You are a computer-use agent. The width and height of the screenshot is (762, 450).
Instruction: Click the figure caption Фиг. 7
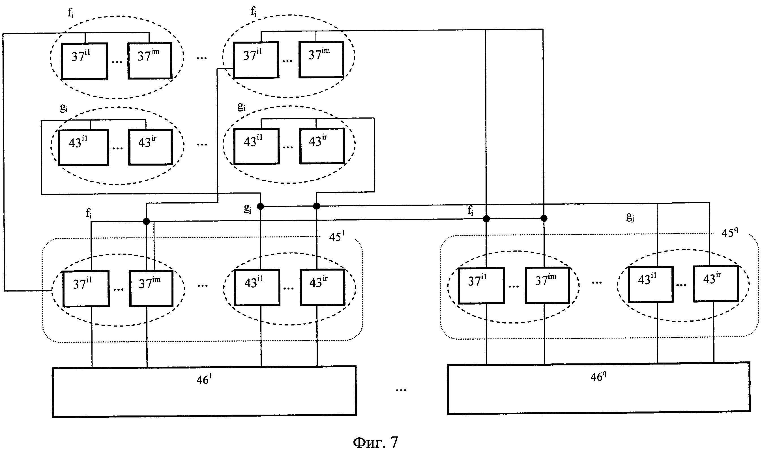(x=375, y=442)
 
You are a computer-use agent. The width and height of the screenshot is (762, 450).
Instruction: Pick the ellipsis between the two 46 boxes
(x=401, y=390)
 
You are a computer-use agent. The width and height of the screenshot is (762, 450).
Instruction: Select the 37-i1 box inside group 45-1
(x=86, y=289)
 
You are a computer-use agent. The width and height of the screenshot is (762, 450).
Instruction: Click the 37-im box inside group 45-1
(x=151, y=288)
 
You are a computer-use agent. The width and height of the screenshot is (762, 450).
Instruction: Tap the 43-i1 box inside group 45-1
(x=257, y=287)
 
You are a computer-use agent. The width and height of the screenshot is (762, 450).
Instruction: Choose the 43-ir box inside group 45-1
(x=322, y=287)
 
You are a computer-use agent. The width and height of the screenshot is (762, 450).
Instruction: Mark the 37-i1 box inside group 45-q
(x=481, y=285)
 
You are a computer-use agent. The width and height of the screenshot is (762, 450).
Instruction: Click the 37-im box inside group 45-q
(x=547, y=285)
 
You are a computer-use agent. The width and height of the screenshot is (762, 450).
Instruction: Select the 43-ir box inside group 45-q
(x=716, y=284)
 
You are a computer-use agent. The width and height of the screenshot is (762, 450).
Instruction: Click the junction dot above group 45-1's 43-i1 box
(x=260, y=207)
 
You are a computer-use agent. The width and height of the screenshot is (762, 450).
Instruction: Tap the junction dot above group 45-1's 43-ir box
(x=316, y=206)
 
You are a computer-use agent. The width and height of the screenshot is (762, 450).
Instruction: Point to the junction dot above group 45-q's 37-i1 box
(x=486, y=218)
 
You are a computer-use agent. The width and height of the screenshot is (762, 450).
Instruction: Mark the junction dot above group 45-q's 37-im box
(x=544, y=218)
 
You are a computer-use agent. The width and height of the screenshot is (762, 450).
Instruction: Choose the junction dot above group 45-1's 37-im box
(x=146, y=221)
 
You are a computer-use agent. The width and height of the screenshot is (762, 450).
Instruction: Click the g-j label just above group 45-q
(x=630, y=217)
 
